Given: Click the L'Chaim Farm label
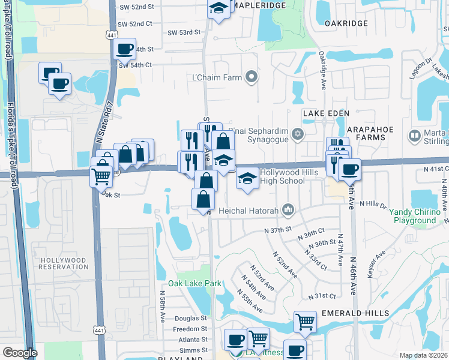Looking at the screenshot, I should (x=225, y=77).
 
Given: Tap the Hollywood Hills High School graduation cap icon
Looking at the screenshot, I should (x=247, y=179).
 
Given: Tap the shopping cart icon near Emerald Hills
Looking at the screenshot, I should (x=305, y=322).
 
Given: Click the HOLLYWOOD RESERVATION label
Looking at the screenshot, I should (x=64, y=263).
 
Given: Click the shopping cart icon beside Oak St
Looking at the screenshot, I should (x=101, y=176).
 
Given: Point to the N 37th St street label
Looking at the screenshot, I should (x=277, y=230).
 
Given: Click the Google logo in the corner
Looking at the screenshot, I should (x=19, y=353).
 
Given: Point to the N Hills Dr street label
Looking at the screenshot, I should (x=373, y=205).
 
